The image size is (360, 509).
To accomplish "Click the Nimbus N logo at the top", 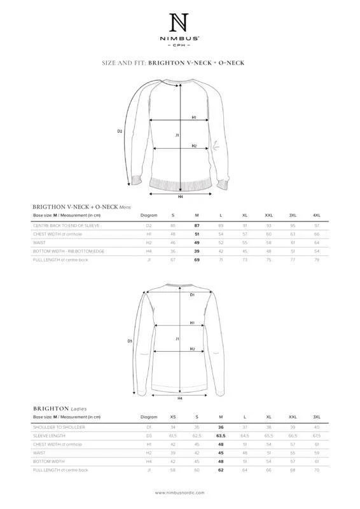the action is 179,24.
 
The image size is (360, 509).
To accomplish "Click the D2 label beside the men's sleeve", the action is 119,132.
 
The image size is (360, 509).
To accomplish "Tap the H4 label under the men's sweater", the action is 181,197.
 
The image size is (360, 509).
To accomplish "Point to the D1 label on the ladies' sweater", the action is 191,295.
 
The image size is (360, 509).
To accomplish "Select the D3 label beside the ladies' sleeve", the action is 129,341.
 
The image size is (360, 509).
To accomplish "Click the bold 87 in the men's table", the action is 196,226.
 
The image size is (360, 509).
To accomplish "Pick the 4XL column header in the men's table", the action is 316,216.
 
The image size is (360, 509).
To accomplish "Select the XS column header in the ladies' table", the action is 173,417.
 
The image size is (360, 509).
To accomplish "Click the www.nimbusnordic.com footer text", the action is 179,492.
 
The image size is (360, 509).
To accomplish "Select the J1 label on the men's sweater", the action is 177,136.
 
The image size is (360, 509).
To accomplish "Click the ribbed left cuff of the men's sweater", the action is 134,177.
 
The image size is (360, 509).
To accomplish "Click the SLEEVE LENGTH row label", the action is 48,435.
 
